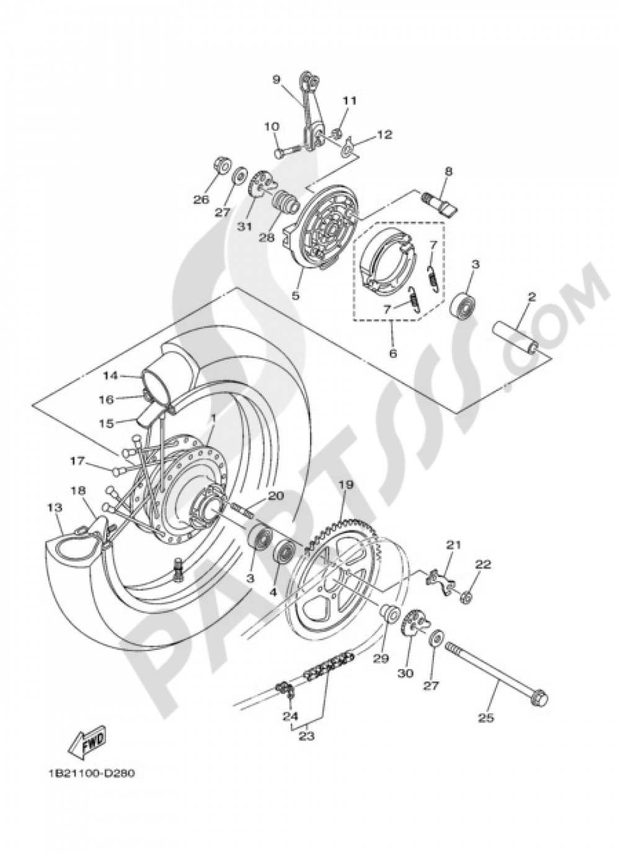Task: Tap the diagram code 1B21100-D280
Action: coord(90,774)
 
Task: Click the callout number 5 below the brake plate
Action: coord(296,296)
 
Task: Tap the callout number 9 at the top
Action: coord(277,79)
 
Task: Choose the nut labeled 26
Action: coord(221,166)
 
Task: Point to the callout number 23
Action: coord(307,737)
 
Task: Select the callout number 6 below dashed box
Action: coord(392,354)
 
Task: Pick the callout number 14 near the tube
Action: coord(110,375)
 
